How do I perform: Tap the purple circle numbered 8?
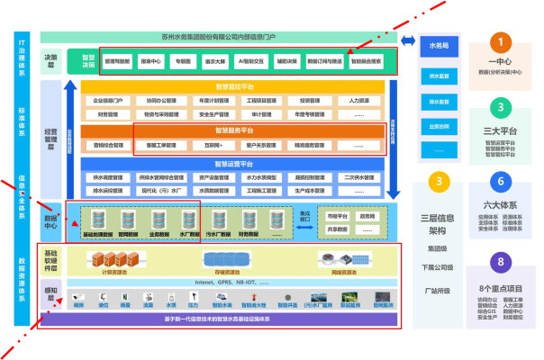(x=500, y=263)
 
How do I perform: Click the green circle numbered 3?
(x=500, y=108)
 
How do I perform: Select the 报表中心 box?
(x=153, y=61)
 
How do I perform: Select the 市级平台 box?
(x=337, y=216)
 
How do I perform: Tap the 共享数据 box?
(x=337, y=230)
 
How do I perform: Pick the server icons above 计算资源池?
(x=122, y=259)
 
